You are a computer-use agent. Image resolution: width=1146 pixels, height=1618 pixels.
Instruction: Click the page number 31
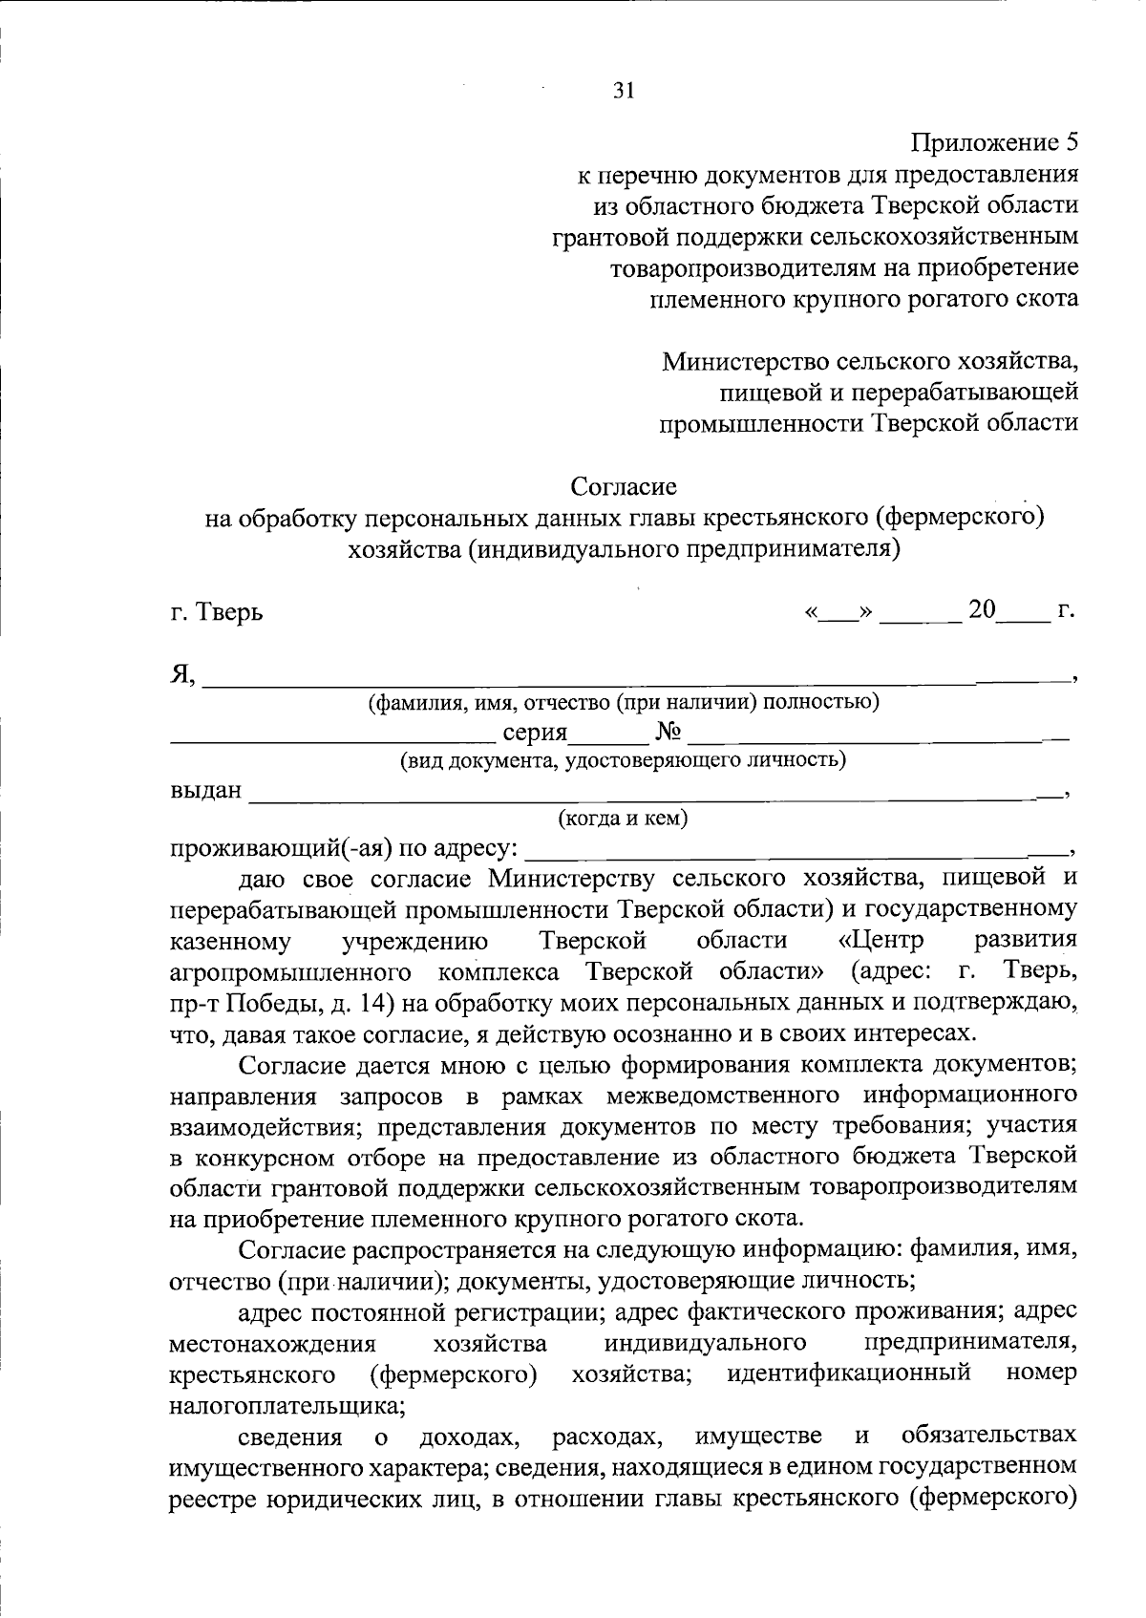point(623,91)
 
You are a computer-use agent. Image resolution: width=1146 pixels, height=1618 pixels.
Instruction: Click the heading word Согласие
point(624,487)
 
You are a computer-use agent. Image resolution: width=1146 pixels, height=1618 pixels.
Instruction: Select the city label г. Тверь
point(216,612)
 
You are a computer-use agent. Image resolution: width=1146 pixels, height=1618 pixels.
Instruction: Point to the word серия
point(535,734)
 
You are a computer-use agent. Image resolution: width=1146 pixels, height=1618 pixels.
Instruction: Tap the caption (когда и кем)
point(623,819)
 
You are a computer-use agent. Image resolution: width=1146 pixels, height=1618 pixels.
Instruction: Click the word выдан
point(205,792)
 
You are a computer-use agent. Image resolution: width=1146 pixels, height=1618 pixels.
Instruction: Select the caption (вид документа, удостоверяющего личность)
point(623,761)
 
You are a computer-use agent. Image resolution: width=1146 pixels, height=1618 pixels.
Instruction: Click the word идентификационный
point(849,1373)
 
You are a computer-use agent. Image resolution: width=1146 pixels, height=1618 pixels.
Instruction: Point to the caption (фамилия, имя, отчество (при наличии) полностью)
point(623,704)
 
